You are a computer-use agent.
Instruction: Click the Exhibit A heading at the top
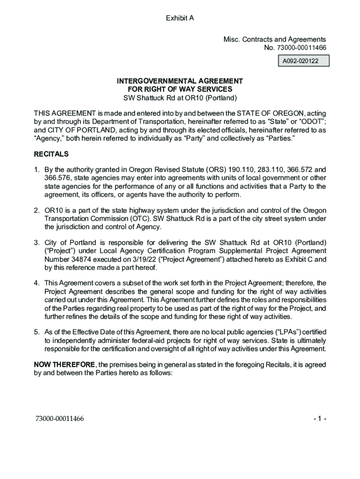[x=180, y=18]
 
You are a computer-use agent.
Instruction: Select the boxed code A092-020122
[x=304, y=61]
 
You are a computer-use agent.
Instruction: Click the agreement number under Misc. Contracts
[x=295, y=48]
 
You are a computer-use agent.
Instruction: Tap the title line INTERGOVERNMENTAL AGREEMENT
[x=180, y=81]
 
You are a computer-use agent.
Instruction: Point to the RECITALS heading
[x=51, y=154]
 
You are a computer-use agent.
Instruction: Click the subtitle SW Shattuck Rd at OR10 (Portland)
[x=180, y=98]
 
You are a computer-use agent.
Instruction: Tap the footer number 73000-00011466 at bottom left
[x=59, y=419]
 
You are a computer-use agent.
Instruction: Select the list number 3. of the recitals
[x=36, y=242]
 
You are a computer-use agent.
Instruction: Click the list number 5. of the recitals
[x=36, y=332]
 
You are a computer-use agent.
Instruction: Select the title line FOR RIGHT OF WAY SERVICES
[x=180, y=89]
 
